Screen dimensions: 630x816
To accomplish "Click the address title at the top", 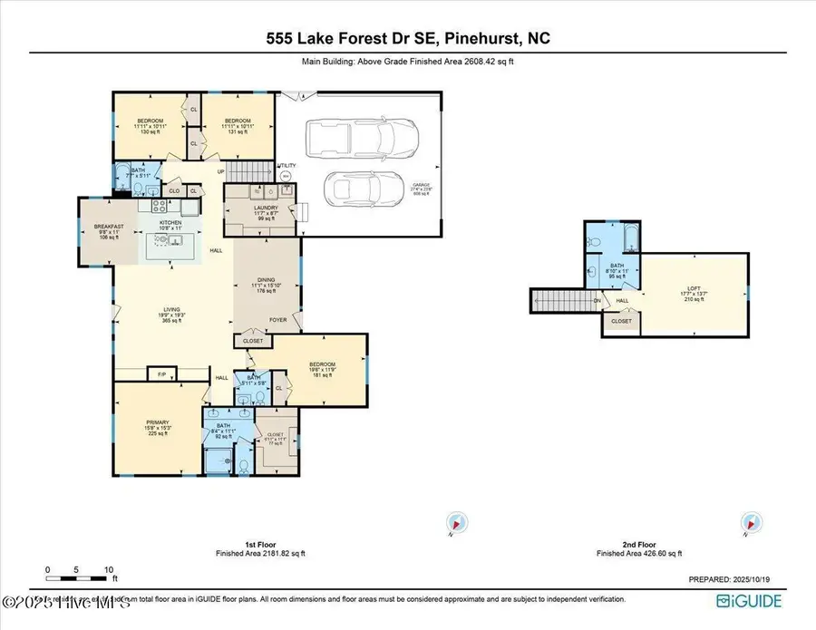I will point(407,39).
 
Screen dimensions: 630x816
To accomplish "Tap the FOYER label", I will point(277,320).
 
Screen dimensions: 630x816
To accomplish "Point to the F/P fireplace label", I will point(162,373).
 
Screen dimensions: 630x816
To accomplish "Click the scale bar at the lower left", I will point(79,577).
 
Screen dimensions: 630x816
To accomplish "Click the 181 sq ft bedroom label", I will point(325,371).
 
